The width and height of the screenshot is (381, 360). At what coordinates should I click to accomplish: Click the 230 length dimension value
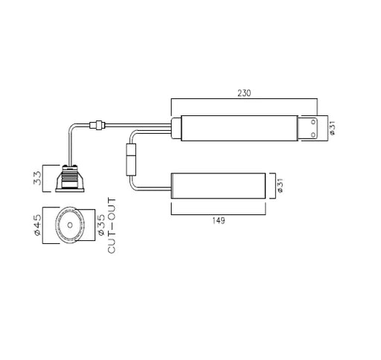pos(244,93)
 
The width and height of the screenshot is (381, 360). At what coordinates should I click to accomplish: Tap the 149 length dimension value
pos(219,220)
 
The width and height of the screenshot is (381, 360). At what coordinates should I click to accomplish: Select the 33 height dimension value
pos(37,178)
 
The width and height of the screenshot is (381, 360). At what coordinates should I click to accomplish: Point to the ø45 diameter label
pos(37,225)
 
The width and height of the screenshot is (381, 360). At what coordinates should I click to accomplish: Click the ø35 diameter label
pos(101,225)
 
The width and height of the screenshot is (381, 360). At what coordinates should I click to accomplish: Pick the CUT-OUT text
pos(112,225)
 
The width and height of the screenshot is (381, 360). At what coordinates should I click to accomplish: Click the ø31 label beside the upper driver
pos(333,128)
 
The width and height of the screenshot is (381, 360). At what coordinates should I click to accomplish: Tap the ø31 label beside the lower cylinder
pos(280,185)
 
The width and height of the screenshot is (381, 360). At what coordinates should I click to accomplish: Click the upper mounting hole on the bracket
pos(313,122)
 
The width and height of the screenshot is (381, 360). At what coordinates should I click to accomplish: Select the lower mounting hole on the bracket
pos(313,135)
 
